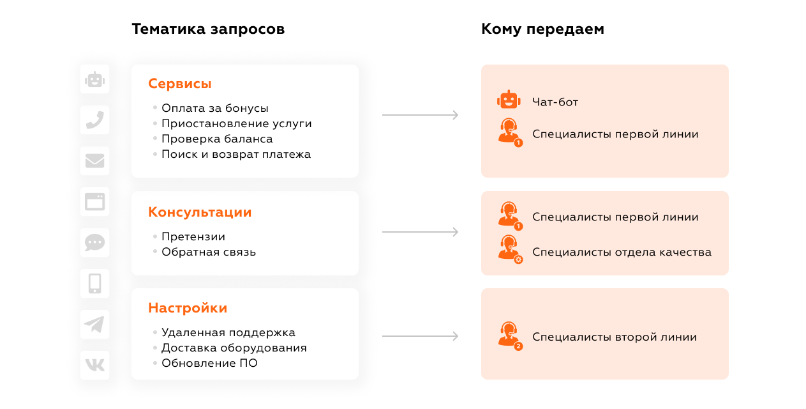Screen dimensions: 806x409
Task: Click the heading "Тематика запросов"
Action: (x=208, y=29)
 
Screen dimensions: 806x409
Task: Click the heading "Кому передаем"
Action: (x=542, y=29)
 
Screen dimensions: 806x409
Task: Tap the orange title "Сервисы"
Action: (x=180, y=84)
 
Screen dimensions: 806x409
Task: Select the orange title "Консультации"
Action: (x=200, y=212)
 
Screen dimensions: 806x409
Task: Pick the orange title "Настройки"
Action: (x=188, y=308)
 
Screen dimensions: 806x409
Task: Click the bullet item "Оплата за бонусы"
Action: (x=215, y=108)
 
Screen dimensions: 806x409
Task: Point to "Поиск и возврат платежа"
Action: (x=236, y=154)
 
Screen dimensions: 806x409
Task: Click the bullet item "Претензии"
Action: (x=193, y=236)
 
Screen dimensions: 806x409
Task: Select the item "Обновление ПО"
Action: (x=209, y=363)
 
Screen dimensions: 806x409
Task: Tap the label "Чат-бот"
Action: (x=555, y=102)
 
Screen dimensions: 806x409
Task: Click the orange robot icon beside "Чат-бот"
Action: (x=509, y=100)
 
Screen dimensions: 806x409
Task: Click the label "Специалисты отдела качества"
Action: (x=622, y=252)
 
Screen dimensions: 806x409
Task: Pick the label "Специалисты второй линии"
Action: (x=615, y=337)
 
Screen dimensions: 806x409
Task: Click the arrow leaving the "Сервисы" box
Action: (x=420, y=115)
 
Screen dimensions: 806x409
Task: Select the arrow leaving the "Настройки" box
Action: (x=420, y=336)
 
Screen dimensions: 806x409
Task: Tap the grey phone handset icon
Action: (x=95, y=120)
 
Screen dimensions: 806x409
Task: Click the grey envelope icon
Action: (x=95, y=161)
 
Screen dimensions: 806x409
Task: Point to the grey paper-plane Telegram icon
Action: (x=94, y=325)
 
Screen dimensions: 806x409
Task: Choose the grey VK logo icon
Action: (x=95, y=365)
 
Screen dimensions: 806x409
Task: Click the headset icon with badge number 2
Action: (x=509, y=335)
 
